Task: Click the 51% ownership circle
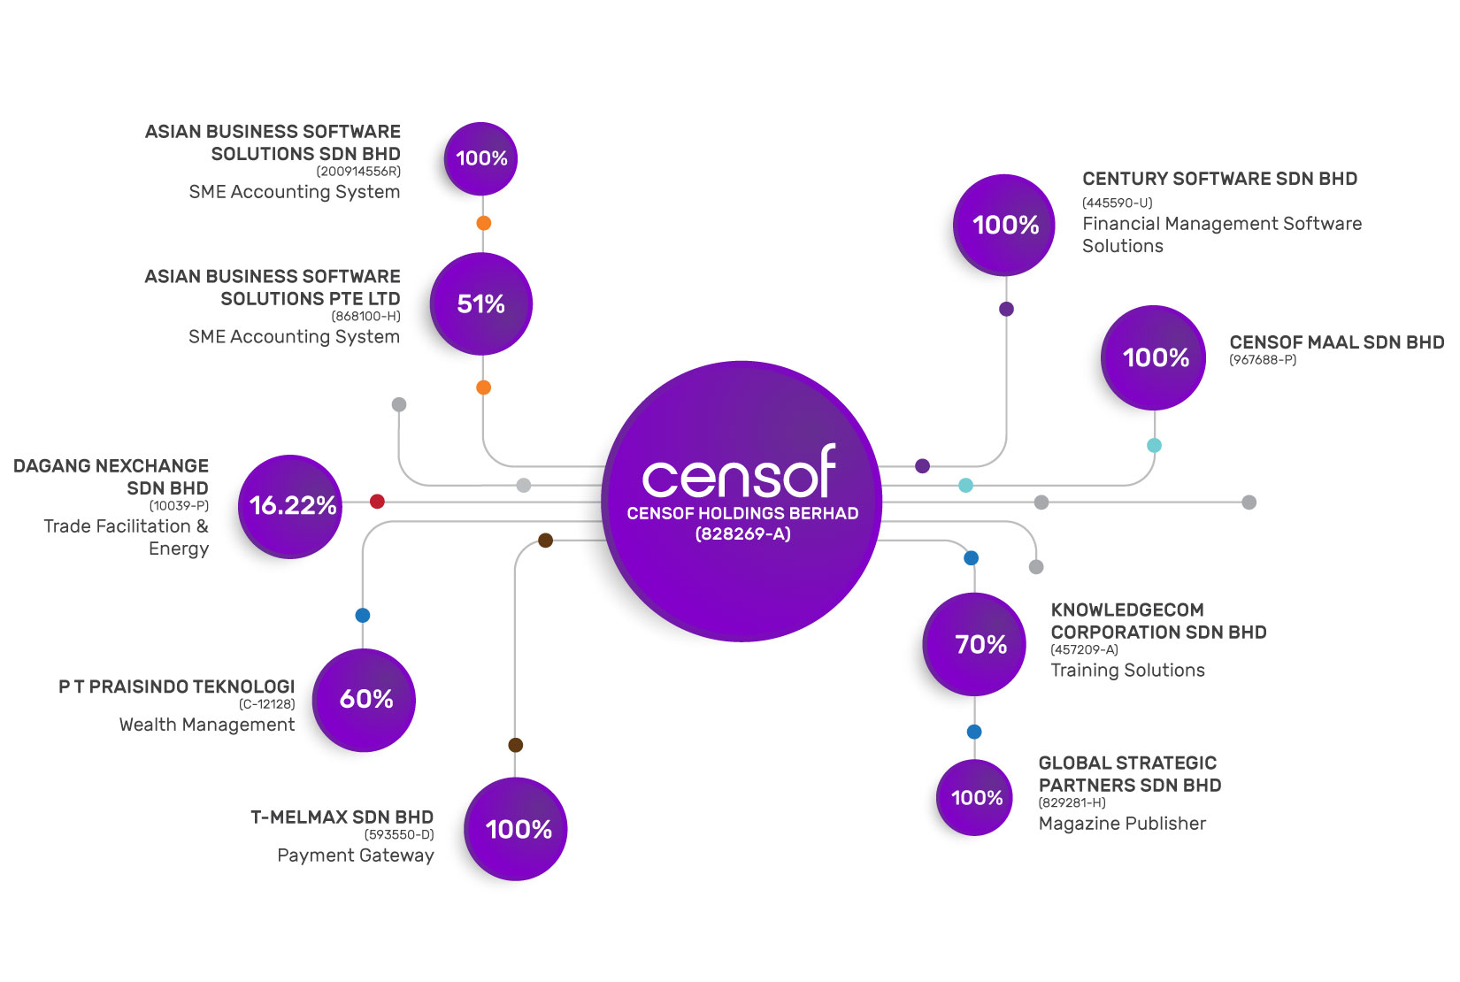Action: (481, 304)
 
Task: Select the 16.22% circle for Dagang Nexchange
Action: (291, 506)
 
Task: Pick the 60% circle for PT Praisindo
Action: (365, 700)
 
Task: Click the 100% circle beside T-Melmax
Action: (516, 829)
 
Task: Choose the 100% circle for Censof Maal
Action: (1154, 357)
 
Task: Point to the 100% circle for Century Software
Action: (1004, 225)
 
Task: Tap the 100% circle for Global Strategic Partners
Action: (975, 798)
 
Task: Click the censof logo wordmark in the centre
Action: (740, 474)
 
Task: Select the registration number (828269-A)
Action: (742, 534)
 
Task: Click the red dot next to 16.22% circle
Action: (377, 502)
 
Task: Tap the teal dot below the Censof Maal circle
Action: (1154, 446)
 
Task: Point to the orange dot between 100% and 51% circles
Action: (483, 223)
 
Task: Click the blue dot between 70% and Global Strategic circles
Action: (974, 732)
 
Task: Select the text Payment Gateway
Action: (356, 855)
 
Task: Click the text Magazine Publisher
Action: (1122, 824)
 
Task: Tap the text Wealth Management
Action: (207, 725)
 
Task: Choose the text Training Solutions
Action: (1127, 671)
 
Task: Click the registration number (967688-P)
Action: (1263, 360)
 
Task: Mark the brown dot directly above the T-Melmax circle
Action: (516, 745)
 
